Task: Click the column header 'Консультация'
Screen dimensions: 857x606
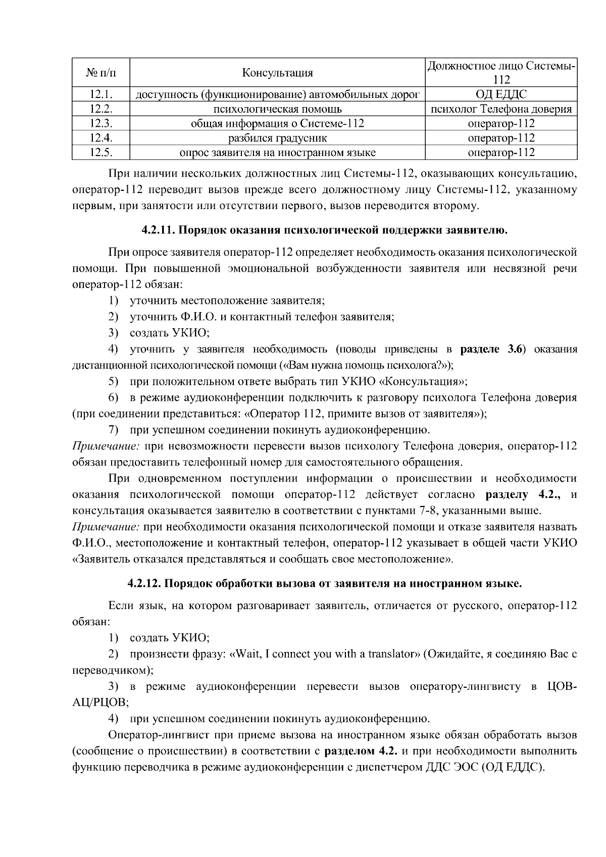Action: coord(277,73)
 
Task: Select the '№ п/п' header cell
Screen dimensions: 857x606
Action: coord(100,73)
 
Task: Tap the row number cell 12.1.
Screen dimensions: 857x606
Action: coord(100,94)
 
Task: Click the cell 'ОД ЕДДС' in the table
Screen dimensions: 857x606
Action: coord(501,94)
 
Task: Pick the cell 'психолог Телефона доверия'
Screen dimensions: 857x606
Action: coord(501,109)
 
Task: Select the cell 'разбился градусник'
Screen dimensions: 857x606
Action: coord(277,138)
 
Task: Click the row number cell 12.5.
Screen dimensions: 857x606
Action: coord(100,153)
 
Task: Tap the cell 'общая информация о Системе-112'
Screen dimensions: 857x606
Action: coord(277,124)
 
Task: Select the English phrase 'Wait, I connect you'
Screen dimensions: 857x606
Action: coord(282,654)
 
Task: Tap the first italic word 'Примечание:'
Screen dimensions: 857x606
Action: coord(106,446)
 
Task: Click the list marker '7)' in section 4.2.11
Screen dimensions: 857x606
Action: coord(114,430)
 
